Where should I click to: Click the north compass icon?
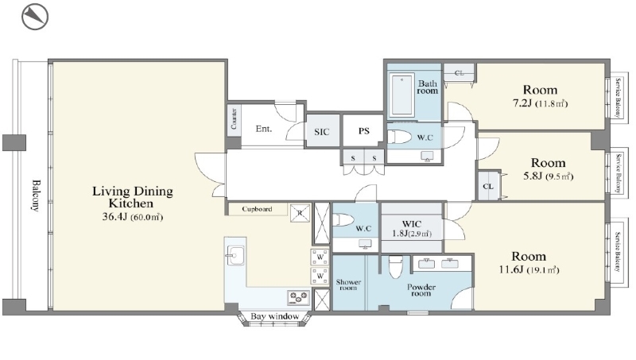[x=35, y=17]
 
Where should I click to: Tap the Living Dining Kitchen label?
[x=133, y=197]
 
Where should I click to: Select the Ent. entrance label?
[x=264, y=129]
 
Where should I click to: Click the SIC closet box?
[x=323, y=130]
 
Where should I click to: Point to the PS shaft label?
[x=364, y=131]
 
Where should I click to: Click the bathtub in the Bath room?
[x=401, y=94]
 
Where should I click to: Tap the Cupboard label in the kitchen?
[x=257, y=209]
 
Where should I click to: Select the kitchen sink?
[x=235, y=255]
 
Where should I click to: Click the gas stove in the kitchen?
[x=299, y=298]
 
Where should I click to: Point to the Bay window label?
[x=274, y=316]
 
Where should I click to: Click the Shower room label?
[x=348, y=285]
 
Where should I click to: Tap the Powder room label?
[x=421, y=290]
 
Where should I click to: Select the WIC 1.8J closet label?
[x=411, y=229]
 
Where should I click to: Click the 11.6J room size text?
[x=529, y=269]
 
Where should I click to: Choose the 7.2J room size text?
[x=540, y=103]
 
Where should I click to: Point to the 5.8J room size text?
[x=548, y=176]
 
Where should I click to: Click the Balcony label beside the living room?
[x=36, y=195]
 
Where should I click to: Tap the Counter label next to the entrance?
[x=234, y=118]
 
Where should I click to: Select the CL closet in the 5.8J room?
[x=489, y=186]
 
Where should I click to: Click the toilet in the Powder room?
[x=395, y=267]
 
